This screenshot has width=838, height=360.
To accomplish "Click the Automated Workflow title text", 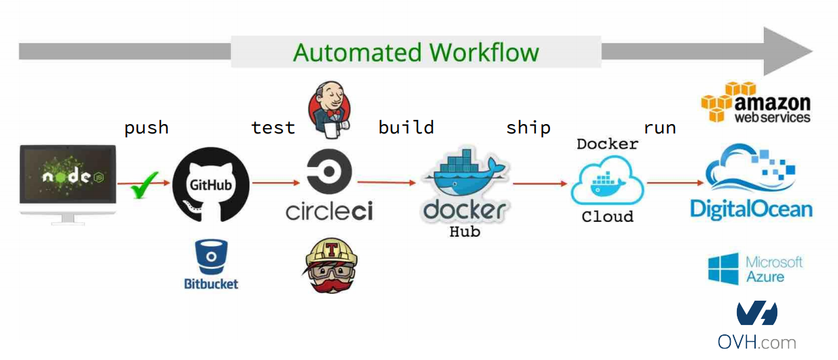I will click(416, 53).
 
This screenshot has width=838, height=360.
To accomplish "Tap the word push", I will click(146, 127).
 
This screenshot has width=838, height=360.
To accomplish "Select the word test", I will click(273, 127).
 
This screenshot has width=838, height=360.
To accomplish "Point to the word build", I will click(406, 127).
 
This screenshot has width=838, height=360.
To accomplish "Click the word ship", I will click(528, 127).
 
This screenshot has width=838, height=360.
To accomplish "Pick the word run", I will click(659, 127).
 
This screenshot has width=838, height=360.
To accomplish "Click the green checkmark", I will click(144, 185).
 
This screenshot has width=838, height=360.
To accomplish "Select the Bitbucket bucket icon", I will click(211, 257).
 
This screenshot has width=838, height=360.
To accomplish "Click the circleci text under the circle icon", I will click(329, 211).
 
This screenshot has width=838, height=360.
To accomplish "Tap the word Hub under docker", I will click(465, 232).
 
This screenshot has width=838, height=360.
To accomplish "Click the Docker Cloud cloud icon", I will click(607, 181).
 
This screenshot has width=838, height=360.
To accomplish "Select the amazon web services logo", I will click(755, 102).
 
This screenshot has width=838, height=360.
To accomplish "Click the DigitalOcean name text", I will click(750, 208).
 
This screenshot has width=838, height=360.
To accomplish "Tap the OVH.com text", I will click(756, 342).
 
